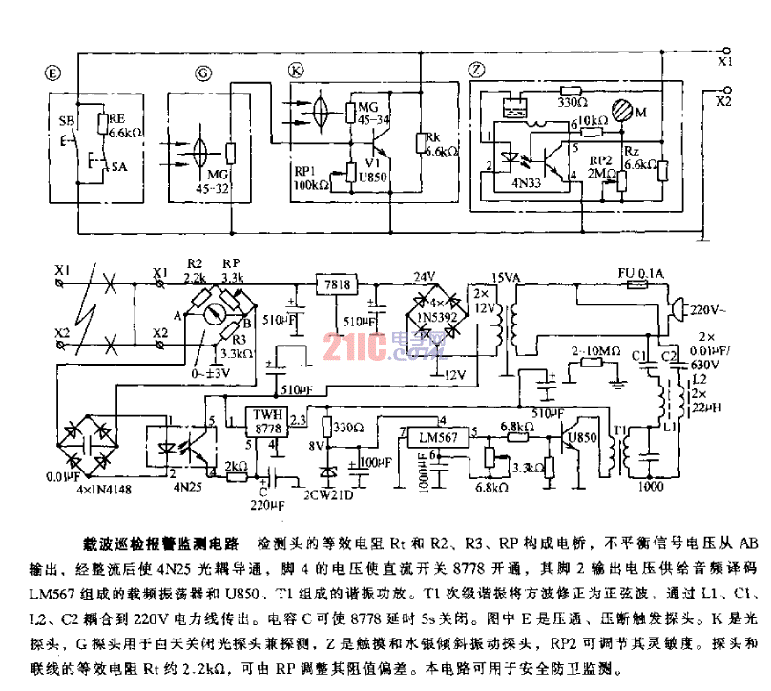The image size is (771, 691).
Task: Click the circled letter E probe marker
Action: pos(54,72)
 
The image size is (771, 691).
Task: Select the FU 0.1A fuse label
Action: pos(645,274)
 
